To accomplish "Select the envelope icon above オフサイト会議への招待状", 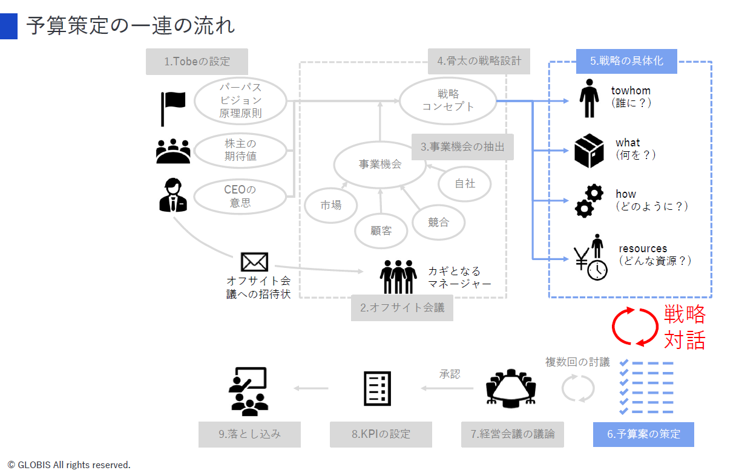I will tap(254, 262).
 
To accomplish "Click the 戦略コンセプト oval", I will tap(448, 100).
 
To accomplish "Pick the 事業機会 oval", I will tap(380, 164).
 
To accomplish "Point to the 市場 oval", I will tap(331, 205).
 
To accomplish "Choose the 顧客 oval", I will tap(381, 230).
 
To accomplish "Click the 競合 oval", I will tap(438, 222).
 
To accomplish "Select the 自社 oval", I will tap(465, 183).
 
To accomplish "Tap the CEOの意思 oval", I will tap(240, 197).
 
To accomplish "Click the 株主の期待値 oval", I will tap(240, 151).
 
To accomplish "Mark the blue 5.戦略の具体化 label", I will tap(626, 61).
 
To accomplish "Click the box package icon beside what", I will tap(589, 151).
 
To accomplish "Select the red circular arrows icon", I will tap(634, 327).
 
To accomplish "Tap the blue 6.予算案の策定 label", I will tap(643, 434).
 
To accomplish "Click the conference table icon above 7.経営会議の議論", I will tap(512, 388).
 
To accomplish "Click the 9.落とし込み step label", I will tap(249, 434).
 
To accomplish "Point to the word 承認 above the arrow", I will tap(450, 374).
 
